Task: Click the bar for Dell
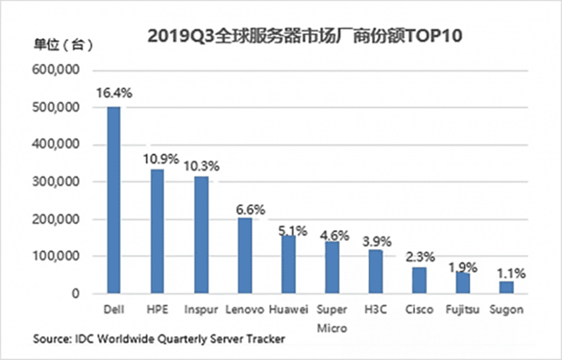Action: coord(113,200)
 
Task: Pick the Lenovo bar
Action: coord(244,255)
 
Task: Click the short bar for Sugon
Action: coord(507,287)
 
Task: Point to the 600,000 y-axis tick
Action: coord(58,71)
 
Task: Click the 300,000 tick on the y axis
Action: coord(58,182)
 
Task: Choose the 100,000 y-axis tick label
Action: coord(58,257)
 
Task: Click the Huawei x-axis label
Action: coord(289,309)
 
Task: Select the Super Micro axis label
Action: coord(332,318)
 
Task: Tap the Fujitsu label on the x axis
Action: coord(462,309)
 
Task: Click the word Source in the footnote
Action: coord(51,340)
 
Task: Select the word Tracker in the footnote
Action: coord(264,340)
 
